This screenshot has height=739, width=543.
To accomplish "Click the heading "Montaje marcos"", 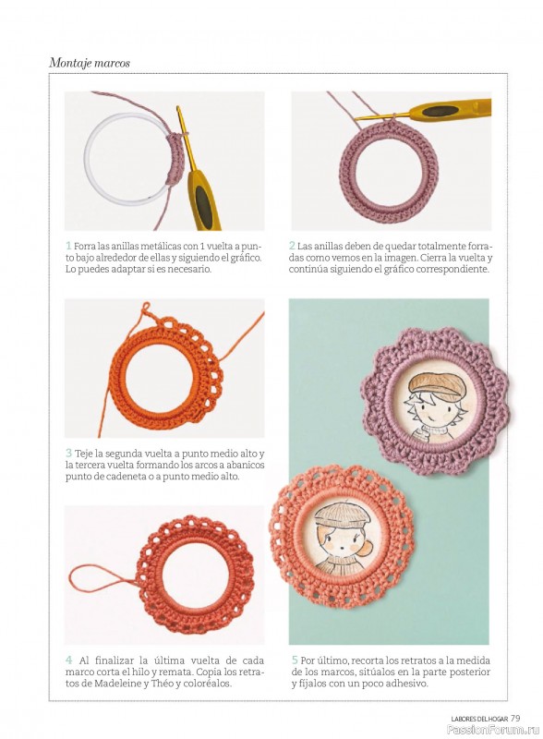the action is click(90, 63).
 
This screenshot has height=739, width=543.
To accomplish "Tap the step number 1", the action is click(68, 246).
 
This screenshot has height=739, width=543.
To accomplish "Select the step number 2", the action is click(292, 246).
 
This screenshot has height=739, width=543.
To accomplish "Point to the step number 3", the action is click(69, 453).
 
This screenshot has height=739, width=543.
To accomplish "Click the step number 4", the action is click(69, 660).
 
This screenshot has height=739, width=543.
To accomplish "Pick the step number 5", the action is click(295, 660).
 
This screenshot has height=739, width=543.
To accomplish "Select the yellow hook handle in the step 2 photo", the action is click(450, 110).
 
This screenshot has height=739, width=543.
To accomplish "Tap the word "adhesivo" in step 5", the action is click(405, 683).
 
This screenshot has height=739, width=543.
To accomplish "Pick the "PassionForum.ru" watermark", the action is click(493, 730).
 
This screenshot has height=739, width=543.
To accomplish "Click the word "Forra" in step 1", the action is click(84, 246).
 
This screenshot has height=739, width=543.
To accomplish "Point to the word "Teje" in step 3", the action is click(83, 454).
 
